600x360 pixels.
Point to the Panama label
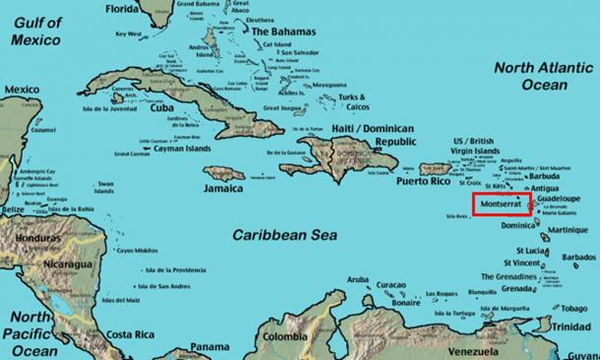pos(210,346)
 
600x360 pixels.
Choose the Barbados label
pos(576,258)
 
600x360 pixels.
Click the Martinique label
pos(570,230)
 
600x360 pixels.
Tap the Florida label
pos(124,9)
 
